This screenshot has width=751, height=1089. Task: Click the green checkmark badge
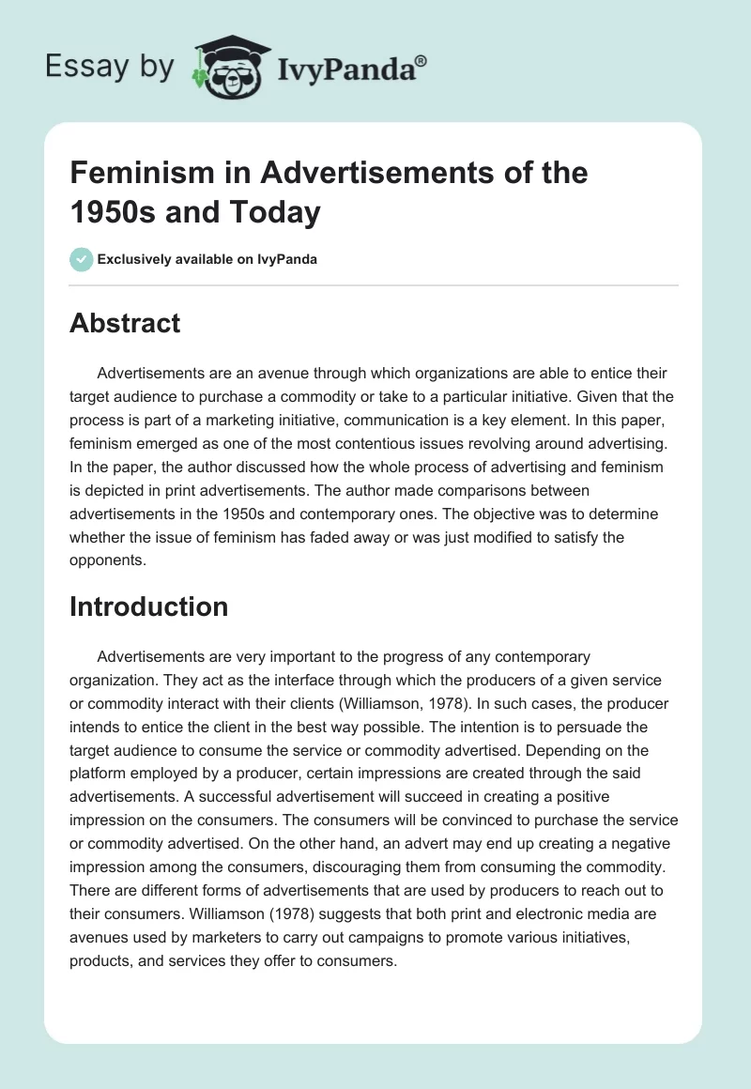coord(81,259)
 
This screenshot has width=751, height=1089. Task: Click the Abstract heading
coord(125,323)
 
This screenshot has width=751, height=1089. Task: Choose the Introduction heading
coord(148,606)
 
